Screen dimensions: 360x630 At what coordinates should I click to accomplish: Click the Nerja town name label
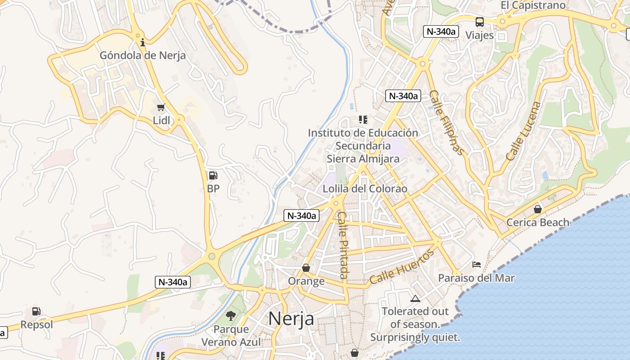pos(291,319)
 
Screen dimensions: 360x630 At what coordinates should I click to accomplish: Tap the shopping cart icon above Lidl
pos(161,107)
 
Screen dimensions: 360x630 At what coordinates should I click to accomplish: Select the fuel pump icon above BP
pos(213,175)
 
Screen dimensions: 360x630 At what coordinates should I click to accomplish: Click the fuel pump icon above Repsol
pos(36,311)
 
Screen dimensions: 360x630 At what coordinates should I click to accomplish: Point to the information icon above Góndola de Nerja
pos(143,43)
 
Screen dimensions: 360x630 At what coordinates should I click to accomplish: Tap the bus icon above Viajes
pos(480,22)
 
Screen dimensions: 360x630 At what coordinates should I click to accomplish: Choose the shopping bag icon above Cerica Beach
pos(537,209)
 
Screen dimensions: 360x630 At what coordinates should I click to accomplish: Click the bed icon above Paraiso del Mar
pos(477,265)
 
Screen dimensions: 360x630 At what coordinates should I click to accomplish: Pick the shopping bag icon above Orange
pos(306,268)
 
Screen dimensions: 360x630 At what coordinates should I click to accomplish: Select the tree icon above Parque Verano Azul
pos(231,316)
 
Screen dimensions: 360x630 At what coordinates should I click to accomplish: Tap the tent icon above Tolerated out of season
pos(415,298)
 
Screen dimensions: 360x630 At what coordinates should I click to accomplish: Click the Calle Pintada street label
pos(343,245)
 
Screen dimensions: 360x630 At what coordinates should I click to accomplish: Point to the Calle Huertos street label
pos(402,267)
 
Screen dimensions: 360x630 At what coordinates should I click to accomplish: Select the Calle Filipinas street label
pos(446,122)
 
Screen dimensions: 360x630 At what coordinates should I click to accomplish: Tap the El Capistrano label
pos(533,5)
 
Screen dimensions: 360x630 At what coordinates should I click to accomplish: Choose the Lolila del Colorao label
pos(365,189)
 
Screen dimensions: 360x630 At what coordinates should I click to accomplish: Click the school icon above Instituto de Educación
pos(363,120)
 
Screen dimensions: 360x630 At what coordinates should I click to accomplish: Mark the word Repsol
pos(36,324)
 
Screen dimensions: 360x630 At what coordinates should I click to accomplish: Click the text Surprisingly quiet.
pos(415,337)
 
